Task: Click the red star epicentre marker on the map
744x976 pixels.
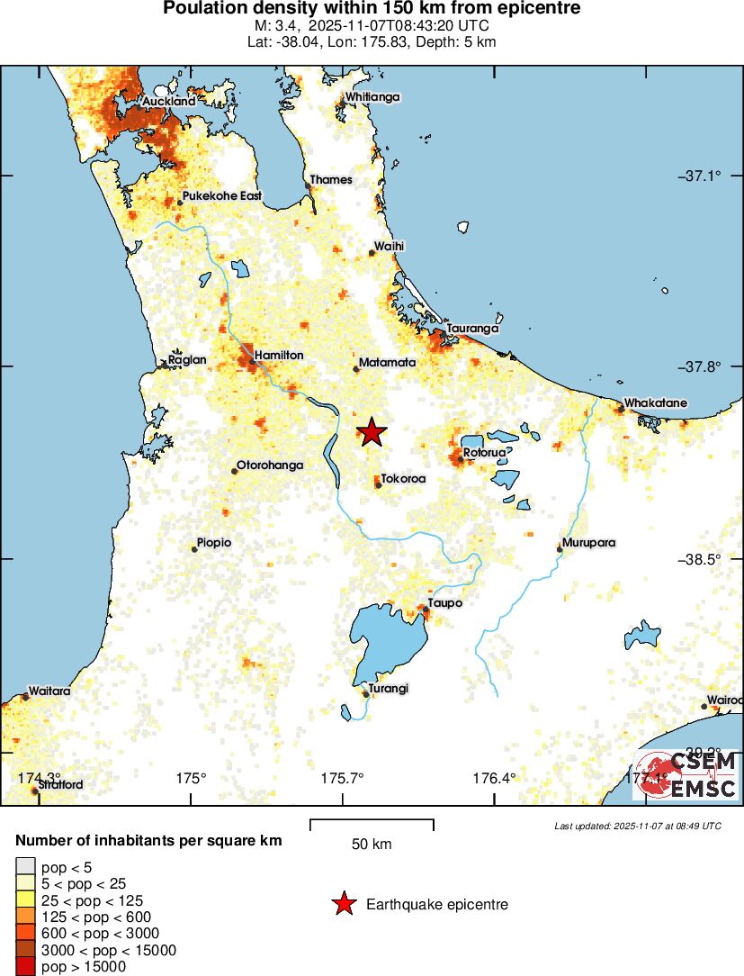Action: click(x=372, y=432)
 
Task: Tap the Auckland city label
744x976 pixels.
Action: click(x=168, y=102)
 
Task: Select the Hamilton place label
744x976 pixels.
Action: click(x=278, y=356)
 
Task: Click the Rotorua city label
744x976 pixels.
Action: click(x=485, y=453)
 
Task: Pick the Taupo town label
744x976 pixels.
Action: click(x=444, y=603)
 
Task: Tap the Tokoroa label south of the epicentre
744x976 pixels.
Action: click(x=403, y=479)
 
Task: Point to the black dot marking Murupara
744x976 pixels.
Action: click(x=560, y=548)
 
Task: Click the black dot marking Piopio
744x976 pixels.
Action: click(x=194, y=548)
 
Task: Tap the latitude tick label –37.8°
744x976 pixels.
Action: click(x=699, y=367)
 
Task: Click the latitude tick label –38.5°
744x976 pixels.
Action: click(x=699, y=559)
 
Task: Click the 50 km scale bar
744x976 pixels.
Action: click(x=372, y=826)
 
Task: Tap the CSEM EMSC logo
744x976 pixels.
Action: click(x=687, y=776)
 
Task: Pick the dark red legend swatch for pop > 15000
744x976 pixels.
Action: click(x=24, y=967)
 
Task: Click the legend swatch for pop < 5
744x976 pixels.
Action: click(x=24, y=866)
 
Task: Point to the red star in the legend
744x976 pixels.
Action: click(x=343, y=904)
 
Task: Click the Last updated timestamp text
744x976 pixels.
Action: click(x=637, y=826)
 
